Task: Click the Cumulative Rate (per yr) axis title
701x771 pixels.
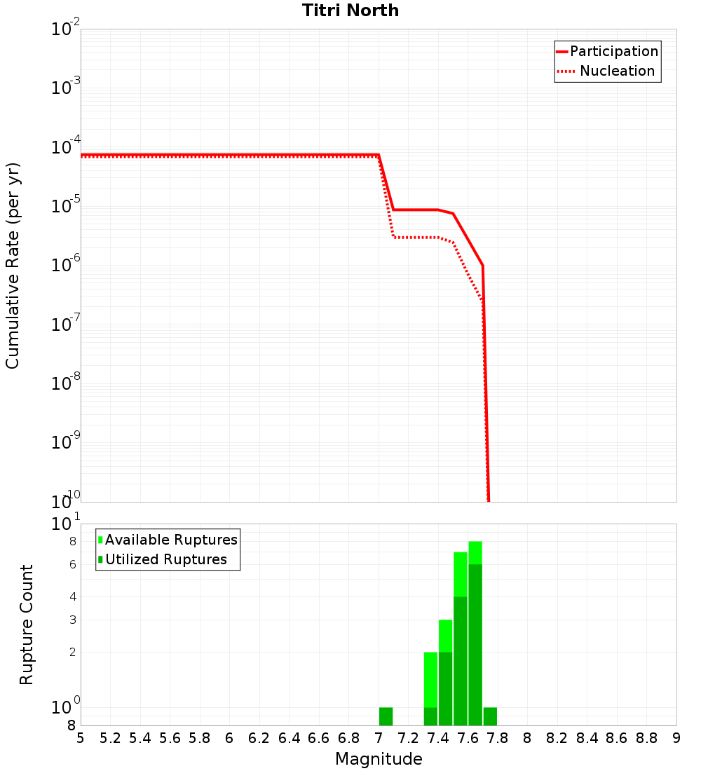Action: (x=13, y=266)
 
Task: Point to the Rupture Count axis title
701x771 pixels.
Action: (x=27, y=625)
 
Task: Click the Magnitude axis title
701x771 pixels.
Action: (x=379, y=759)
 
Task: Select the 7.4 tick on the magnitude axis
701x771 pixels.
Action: (x=438, y=738)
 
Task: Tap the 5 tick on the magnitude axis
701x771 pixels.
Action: (x=81, y=738)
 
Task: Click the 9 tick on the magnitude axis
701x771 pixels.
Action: (x=676, y=738)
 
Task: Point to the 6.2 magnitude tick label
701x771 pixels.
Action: (x=259, y=738)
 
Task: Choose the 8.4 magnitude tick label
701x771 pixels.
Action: (x=587, y=738)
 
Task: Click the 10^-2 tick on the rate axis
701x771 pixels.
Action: (x=66, y=30)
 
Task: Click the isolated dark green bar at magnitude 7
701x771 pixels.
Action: (x=386, y=716)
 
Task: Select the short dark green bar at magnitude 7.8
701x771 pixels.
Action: (x=490, y=716)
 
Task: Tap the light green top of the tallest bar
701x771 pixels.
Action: (x=475, y=552)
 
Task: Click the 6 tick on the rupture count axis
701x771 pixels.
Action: (x=72, y=564)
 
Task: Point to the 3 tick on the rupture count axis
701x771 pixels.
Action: (x=72, y=620)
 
